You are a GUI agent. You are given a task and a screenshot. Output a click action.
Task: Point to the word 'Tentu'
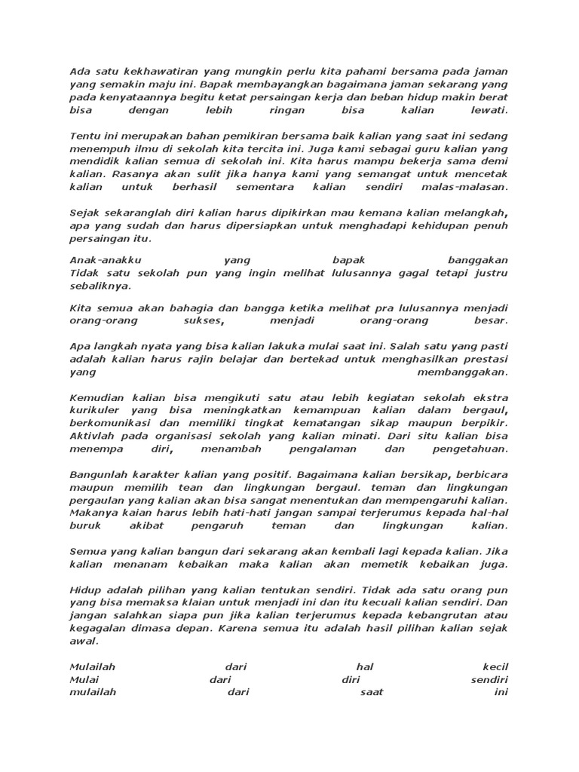click(x=83, y=136)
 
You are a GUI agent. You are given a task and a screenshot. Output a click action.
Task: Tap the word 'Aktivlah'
click(x=90, y=437)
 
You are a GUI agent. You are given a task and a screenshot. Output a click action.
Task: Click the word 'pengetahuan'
click(x=467, y=449)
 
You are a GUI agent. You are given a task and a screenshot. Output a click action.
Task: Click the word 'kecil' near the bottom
click(x=495, y=667)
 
